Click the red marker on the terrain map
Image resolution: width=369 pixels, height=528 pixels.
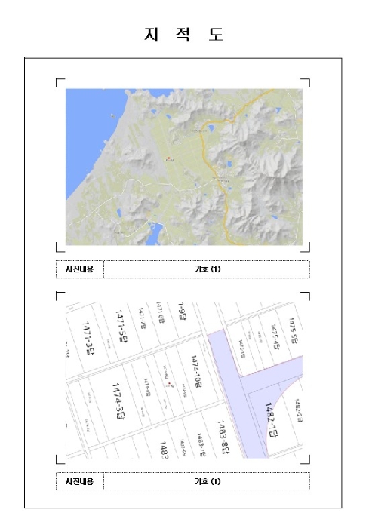168,158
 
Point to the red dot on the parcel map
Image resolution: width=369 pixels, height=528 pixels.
174,385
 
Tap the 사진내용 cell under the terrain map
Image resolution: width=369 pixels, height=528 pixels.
79,269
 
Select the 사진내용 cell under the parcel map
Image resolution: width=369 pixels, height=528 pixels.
79,481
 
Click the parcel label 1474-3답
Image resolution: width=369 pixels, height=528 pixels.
118,401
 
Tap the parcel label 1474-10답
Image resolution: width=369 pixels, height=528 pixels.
197,372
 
